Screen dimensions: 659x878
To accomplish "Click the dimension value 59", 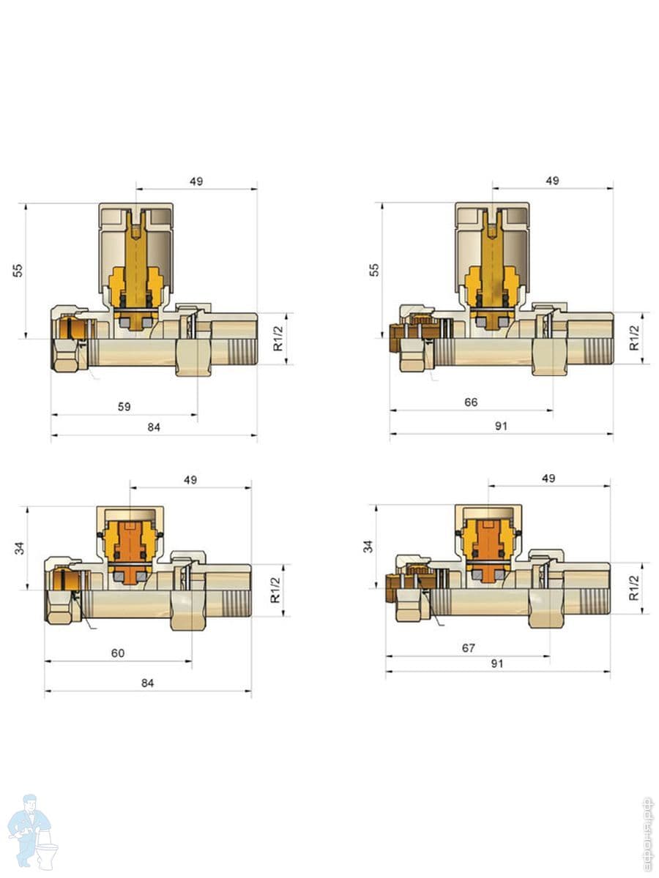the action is coord(124,406).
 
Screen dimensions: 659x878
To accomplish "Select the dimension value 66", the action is coord(471,402).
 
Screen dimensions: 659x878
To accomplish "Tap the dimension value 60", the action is coord(118,653).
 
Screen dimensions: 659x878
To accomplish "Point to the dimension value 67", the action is coord(468,648).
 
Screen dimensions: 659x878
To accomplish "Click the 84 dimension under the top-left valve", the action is coord(154,427).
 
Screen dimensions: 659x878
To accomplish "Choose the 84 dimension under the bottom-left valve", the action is coord(147,683).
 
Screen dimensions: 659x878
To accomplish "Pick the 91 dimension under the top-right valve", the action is coord(501,426).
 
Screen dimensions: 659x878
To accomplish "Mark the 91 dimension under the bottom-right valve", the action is coord(496,664).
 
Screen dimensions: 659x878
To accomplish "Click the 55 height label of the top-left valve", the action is coord(18,271).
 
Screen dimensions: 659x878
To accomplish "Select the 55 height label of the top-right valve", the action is coord(374,270).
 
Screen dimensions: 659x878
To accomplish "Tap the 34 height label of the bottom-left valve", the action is coord(19,548).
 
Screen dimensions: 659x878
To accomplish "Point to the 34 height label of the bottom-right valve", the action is coord(368,547).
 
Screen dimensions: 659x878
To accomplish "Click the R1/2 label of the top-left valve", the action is coord(278,339).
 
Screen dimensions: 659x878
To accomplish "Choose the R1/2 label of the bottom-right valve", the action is coord(634,588).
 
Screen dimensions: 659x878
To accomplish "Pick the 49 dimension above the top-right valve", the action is coord(552,181).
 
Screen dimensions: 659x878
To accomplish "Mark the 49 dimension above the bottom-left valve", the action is coord(190,479).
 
